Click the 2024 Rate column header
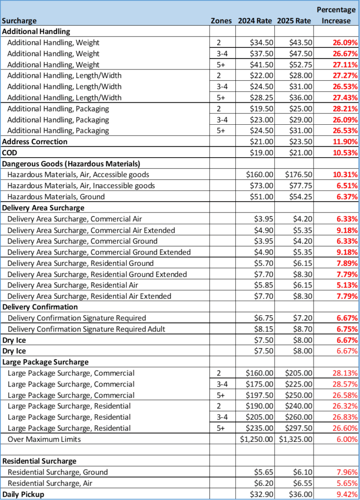pos(255,21)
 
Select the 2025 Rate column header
pos(294,21)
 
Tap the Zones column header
pos(221,21)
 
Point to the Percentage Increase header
pos(336,15)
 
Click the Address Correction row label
pos(35,142)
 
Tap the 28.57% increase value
pos(345,384)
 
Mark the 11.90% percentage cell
pos(345,142)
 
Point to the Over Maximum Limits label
pos(44,439)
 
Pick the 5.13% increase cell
pos(347,285)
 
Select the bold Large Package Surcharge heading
pos(45,362)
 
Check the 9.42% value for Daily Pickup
pos(347,494)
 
